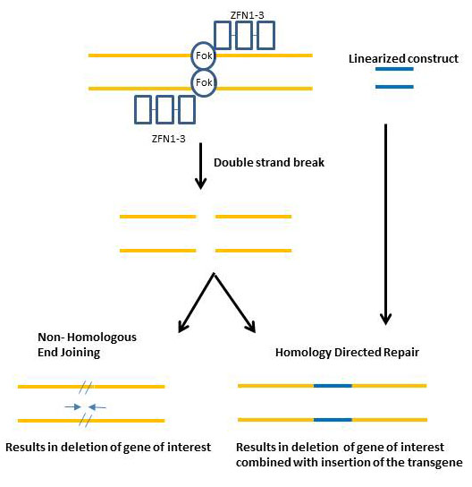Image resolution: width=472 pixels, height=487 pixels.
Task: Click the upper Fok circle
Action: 191,56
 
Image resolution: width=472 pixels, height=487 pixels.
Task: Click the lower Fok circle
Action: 191,82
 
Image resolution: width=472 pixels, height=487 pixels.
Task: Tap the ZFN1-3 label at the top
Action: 247,15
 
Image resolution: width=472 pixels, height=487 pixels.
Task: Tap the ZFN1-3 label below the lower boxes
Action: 168,139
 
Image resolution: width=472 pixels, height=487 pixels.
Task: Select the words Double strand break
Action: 269,162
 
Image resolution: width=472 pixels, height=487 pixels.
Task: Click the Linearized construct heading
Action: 403,59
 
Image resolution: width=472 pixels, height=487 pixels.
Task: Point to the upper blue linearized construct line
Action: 394,69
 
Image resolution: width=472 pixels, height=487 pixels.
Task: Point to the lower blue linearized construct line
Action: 394,87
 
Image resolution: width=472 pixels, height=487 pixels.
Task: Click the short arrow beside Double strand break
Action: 200,166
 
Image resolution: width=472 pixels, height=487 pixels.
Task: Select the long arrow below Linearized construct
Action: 386,224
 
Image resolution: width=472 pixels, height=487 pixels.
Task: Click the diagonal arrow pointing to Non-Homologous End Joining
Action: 197,303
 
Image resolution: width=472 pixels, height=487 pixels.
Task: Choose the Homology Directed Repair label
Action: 347,352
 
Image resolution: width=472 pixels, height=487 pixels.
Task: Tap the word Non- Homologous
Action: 87,337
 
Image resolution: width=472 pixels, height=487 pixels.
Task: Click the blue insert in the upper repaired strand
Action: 333,386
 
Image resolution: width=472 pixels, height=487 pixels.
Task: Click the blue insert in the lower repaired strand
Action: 333,420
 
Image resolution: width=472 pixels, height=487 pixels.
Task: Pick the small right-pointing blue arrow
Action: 73,406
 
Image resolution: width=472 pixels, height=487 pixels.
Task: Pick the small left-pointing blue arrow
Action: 97,406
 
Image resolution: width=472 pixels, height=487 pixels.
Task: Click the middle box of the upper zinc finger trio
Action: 244,36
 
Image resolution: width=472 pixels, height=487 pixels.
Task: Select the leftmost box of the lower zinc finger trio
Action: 143,109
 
